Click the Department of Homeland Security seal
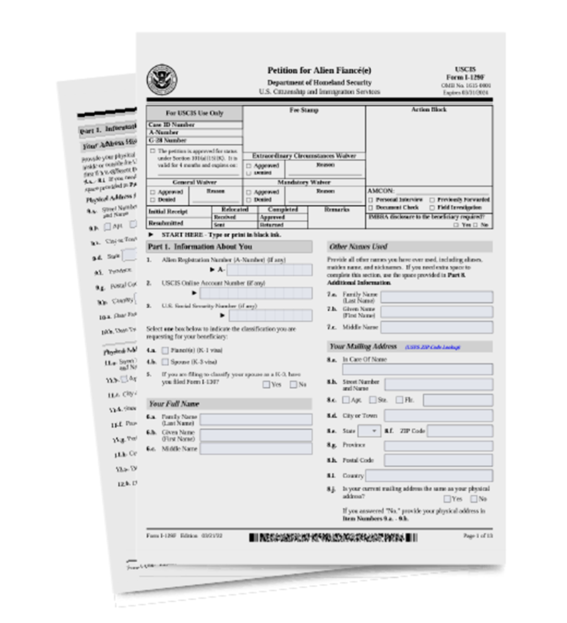coord(162,80)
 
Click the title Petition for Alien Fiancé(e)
coord(319,71)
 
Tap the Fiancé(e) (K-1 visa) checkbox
coord(165,350)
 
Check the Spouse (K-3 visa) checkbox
coord(165,362)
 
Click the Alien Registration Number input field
coord(269,270)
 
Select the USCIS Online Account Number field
coord(256,293)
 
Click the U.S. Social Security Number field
coord(270,316)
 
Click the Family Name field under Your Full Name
coord(256,420)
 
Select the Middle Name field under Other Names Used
coord(437,328)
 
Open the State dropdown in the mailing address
coord(369,431)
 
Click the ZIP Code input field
coord(459,431)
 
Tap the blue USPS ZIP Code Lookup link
coord(433,347)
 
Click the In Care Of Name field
coord(417,369)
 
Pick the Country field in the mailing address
coord(429,475)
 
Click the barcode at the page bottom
coord(333,537)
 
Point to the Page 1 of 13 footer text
coord(477,536)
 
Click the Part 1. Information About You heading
coord(200,247)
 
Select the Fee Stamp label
coord(304,110)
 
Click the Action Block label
coord(429,110)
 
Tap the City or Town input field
coord(438,415)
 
